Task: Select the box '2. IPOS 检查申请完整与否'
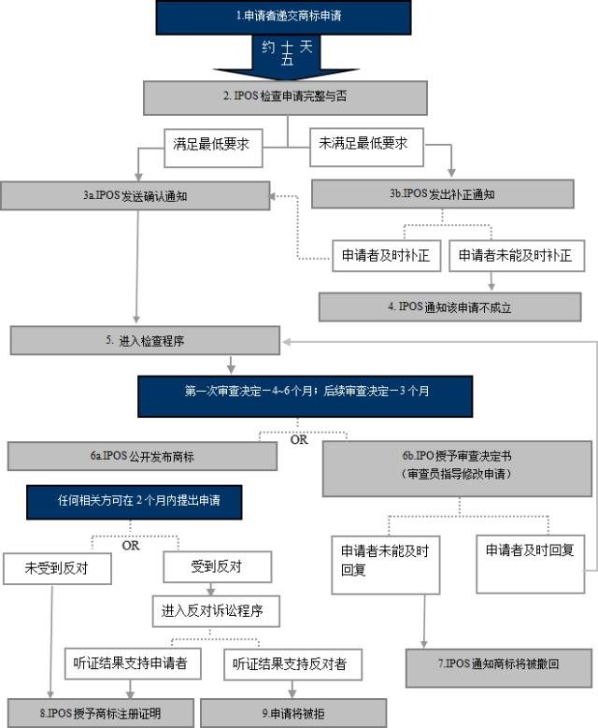285,96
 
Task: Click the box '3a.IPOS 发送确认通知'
135,195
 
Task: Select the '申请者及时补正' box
386,255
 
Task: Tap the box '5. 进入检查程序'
145,341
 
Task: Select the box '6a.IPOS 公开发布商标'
143,456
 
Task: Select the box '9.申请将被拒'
293,713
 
